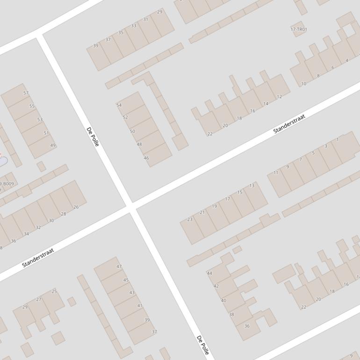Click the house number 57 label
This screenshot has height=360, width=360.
[x=26, y=93]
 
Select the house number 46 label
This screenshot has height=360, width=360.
[x=146, y=158]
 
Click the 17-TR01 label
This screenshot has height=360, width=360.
[x=299, y=29]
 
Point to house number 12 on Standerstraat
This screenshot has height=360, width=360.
[x=279, y=97]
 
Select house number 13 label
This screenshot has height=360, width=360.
[x=252, y=186]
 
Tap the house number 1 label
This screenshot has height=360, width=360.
[x=337, y=140]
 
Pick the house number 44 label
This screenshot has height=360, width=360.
[x=209, y=274]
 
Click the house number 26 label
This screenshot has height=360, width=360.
[x=76, y=207]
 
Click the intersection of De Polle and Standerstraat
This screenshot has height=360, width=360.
[x=131, y=208]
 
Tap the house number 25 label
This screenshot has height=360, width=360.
[x=54, y=291]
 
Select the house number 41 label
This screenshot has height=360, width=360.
[x=140, y=306]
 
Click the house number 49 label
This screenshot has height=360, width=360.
[x=53, y=145]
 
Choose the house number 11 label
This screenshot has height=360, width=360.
[x=276, y=173]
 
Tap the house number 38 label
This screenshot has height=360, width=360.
[x=231, y=315]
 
